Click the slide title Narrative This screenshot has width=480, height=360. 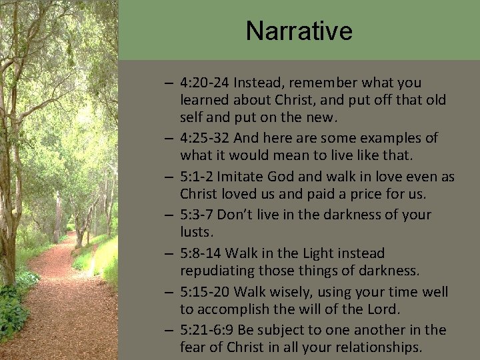[x=299, y=31]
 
